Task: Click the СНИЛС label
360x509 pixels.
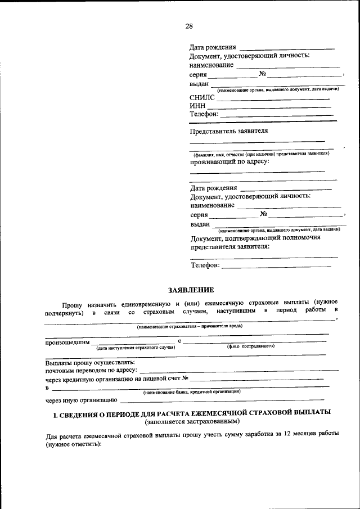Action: coord(202,97)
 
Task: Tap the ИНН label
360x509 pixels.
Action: coord(199,106)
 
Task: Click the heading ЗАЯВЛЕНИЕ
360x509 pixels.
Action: coord(191,290)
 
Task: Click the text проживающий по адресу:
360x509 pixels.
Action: coord(229,161)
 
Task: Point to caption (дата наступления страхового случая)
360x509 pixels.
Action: coord(136,348)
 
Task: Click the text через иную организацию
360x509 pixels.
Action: coord(81,401)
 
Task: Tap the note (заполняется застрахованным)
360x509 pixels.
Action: coord(192,421)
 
